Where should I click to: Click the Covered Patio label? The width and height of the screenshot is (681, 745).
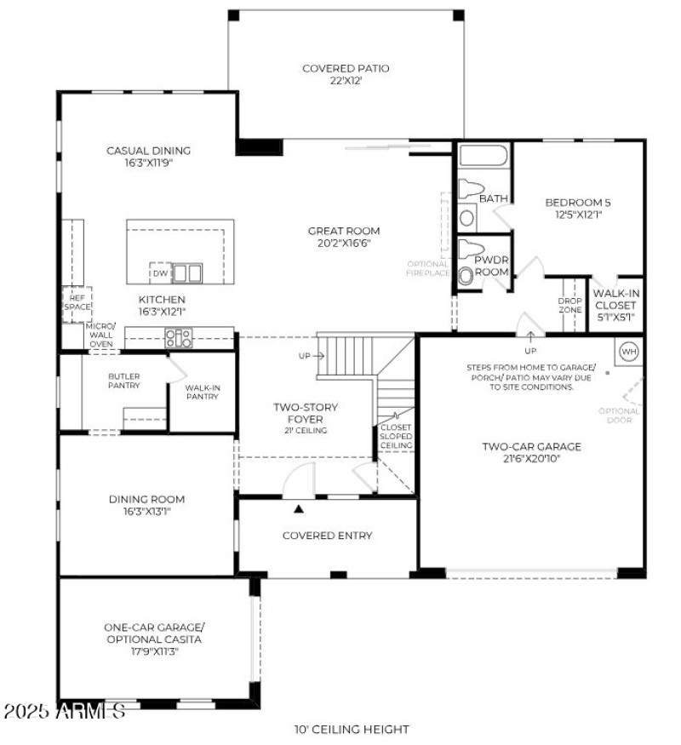pos(346,68)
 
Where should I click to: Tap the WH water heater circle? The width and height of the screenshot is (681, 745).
pos(629,351)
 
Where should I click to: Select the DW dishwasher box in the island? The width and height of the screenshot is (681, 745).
pos(160,273)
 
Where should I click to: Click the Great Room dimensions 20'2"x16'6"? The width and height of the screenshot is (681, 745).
pos(345,243)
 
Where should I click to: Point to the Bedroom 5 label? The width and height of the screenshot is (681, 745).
pos(578,203)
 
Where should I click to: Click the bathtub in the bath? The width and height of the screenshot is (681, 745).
pos(483,156)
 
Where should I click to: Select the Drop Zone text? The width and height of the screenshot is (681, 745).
pos(569,305)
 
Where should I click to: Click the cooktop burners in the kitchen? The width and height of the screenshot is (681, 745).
pos(179,338)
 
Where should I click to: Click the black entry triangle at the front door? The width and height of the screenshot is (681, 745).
pos(299,509)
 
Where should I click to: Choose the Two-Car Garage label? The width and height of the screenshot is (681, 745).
pos(531,446)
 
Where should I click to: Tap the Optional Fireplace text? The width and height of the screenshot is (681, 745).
pos(428,269)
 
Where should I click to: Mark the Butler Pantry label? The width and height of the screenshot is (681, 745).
pos(123,381)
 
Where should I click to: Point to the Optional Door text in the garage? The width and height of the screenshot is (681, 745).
pos(619,415)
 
